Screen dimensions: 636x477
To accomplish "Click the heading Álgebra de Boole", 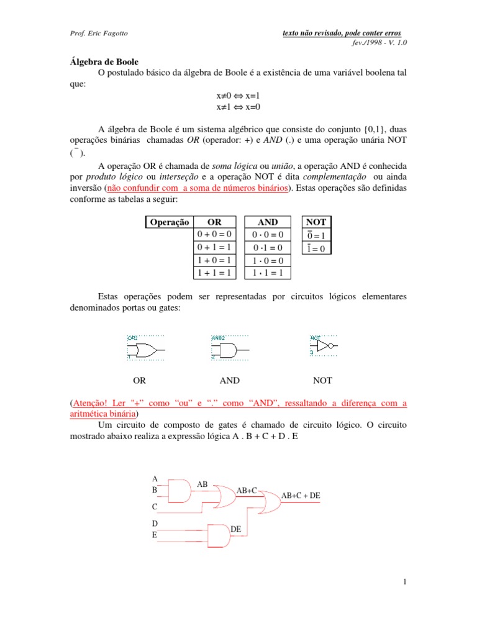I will point(104,62).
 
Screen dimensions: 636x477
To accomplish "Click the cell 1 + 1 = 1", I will point(214,272).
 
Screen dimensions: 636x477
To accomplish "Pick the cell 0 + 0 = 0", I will point(214,234).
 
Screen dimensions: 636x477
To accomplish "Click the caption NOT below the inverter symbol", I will point(322,380).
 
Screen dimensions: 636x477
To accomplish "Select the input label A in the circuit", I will point(155,479).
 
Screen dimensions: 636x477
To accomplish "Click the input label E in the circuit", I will point(155,534).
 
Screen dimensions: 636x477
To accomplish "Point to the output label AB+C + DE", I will point(301,496).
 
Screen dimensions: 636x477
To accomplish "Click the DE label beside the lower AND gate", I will point(235,529).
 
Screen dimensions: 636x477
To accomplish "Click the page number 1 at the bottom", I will point(404,581).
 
